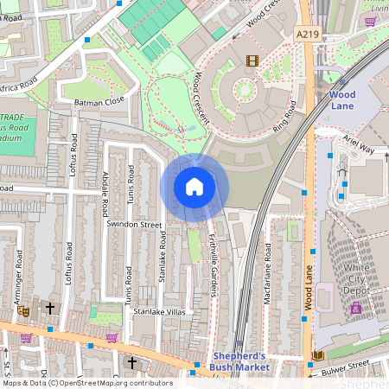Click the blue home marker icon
[x=194, y=187]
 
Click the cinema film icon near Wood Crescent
[x=252, y=61]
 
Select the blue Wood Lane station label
[x=342, y=99]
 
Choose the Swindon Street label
[x=134, y=224]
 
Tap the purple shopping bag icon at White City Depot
[x=354, y=308]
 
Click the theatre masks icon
[x=24, y=309]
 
